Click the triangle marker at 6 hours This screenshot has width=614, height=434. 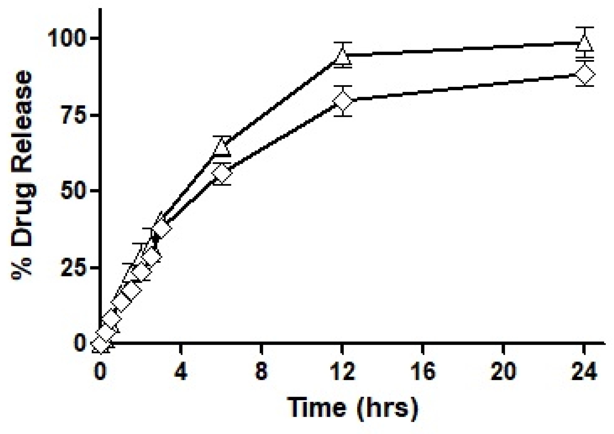(222, 147)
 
